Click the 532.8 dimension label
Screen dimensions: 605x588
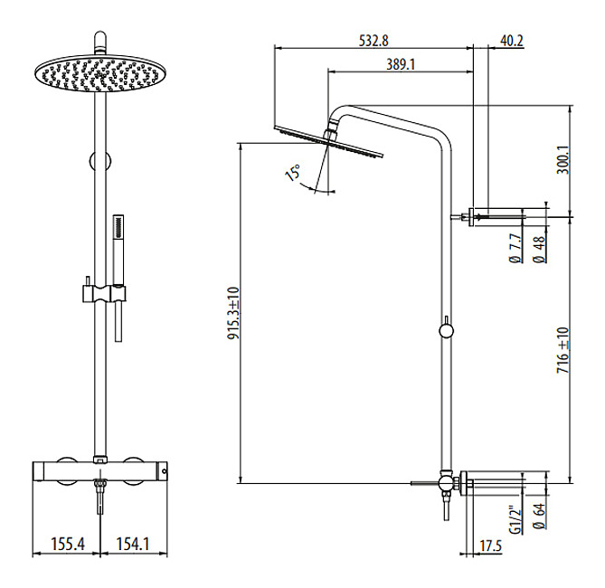click(373, 40)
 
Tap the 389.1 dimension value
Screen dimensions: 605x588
click(401, 64)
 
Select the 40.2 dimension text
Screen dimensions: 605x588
click(512, 40)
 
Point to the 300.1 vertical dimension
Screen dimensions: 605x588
click(562, 159)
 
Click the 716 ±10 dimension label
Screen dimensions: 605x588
click(562, 350)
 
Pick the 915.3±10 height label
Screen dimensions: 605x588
click(233, 313)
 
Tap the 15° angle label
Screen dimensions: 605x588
click(293, 172)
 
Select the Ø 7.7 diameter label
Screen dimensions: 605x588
click(515, 249)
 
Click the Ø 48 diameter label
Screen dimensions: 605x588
click(540, 250)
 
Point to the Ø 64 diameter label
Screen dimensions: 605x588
click(540, 516)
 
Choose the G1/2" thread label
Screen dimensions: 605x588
click(515, 519)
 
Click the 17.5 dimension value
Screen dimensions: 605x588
click(491, 545)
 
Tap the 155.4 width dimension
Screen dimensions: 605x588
click(68, 544)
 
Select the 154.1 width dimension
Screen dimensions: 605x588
click(133, 544)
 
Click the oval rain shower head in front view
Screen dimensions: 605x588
click(100, 73)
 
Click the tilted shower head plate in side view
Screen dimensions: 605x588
click(329, 141)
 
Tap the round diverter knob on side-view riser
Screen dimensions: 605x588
click(447, 331)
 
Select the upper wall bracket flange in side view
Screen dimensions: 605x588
click(471, 216)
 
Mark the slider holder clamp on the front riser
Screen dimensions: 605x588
click(104, 293)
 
